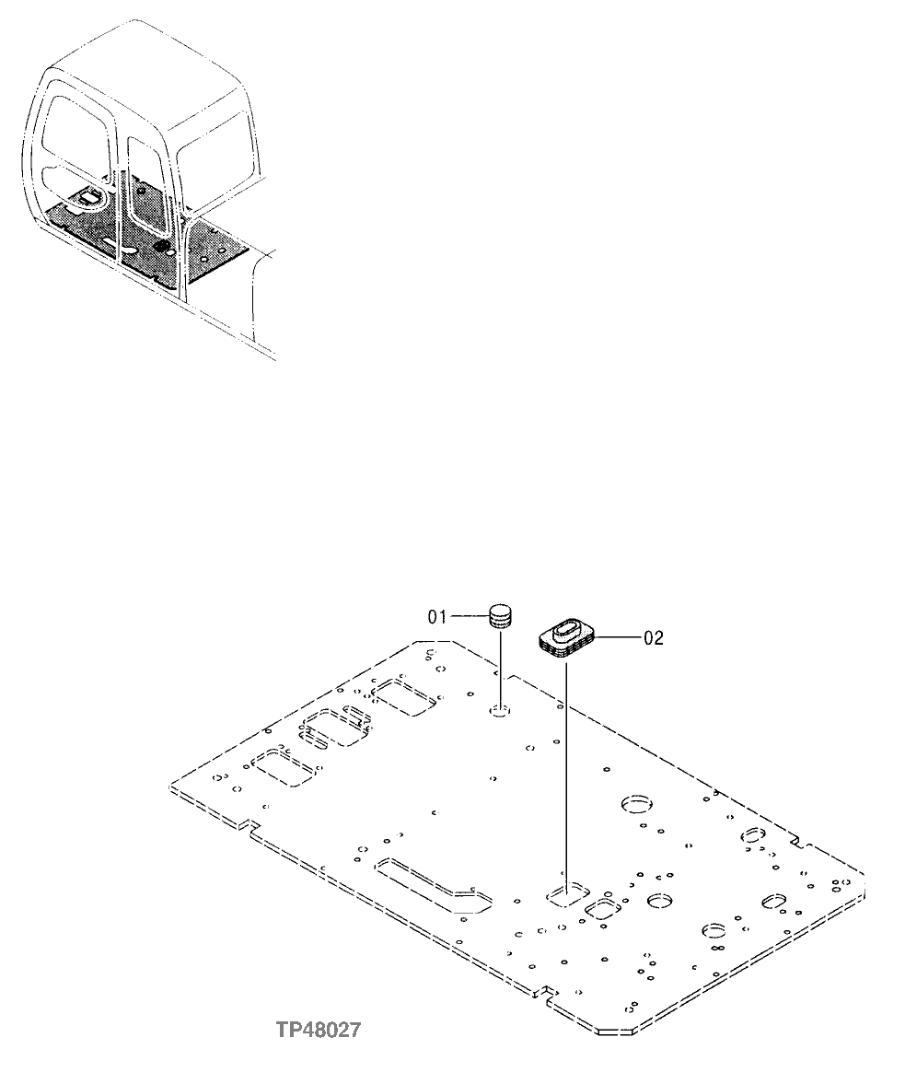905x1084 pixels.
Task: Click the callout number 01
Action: [436, 616]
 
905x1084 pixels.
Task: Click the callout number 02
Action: [653, 637]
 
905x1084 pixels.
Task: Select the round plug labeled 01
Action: [499, 615]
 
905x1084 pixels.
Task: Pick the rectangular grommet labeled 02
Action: [566, 637]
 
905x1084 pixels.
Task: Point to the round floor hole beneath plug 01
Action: [500, 710]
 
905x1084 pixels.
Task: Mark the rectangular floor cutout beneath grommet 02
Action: [566, 892]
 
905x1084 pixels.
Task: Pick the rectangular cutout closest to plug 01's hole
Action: [403, 695]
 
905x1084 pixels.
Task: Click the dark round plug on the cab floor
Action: [163, 246]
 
